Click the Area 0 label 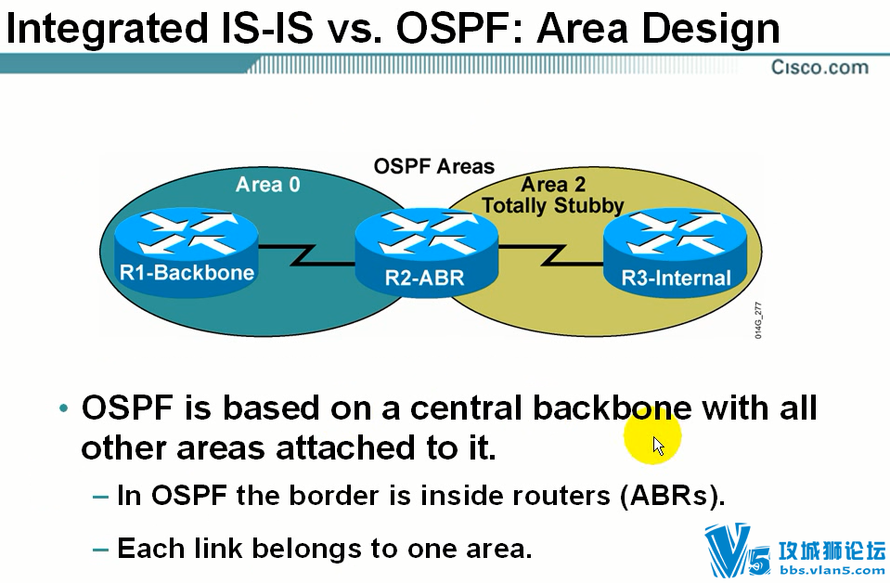pyautogui.click(x=267, y=185)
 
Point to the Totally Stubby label pyautogui.click(x=553, y=205)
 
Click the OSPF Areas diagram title pyautogui.click(x=433, y=166)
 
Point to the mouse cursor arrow pyautogui.click(x=658, y=446)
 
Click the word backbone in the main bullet pyautogui.click(x=612, y=408)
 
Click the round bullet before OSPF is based pyautogui.click(x=63, y=409)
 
